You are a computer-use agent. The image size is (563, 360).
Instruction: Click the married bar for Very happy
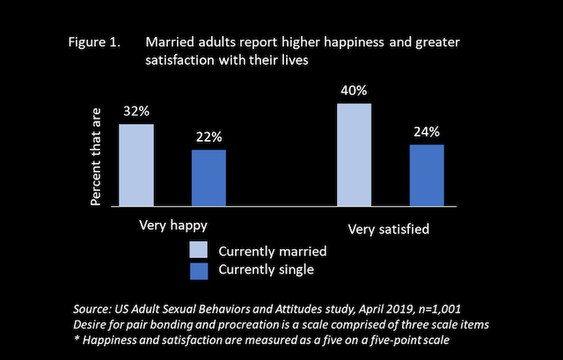[136, 165]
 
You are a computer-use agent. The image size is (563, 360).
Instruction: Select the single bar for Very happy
[209, 177]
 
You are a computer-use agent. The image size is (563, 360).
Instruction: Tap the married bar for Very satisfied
[355, 154]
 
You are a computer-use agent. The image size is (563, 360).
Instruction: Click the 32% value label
[136, 114]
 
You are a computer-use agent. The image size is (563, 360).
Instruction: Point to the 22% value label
[209, 138]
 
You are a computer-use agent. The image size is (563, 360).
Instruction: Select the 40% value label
[355, 92]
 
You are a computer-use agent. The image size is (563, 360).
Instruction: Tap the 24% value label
[427, 133]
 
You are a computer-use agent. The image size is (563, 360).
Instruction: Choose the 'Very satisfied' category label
[388, 230]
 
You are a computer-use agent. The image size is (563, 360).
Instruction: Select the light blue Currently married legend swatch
[197, 250]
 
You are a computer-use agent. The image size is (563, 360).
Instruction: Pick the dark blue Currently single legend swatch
[197, 269]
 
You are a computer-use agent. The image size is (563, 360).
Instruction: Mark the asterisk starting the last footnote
[77, 341]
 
